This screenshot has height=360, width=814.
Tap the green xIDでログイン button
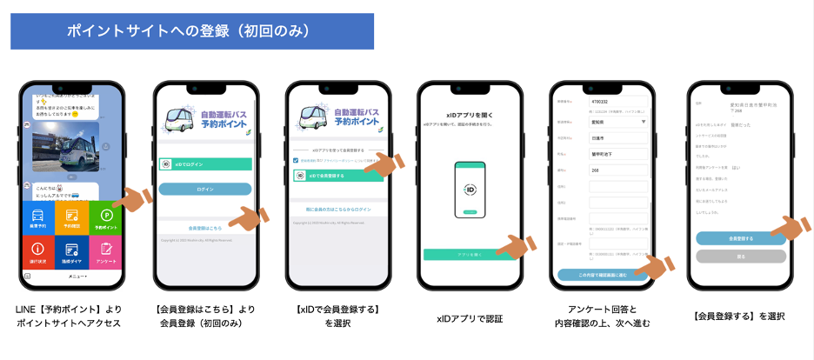coord(205,163)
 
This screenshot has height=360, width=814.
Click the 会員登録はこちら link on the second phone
coord(205,228)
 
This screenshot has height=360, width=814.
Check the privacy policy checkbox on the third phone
coord(296,160)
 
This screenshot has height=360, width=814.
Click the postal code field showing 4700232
coord(618,102)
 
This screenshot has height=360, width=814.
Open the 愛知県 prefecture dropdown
coord(618,123)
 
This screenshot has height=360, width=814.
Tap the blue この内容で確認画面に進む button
coord(602,274)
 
